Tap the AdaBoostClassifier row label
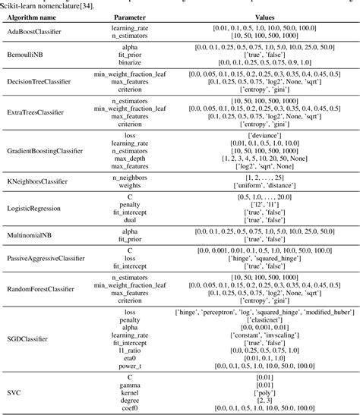[34, 33]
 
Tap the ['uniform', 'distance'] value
[254, 185]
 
